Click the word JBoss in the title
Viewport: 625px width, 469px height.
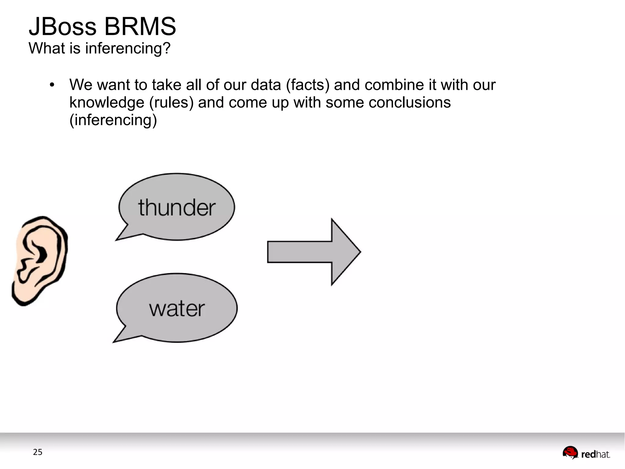pyautogui.click(x=63, y=27)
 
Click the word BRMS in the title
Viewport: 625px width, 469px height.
pyautogui.click(x=140, y=27)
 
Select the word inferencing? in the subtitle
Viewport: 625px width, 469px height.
pyautogui.click(x=128, y=48)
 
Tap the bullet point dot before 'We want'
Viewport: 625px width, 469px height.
pyautogui.click(x=52, y=85)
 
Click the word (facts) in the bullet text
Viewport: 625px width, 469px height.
pyautogui.click(x=308, y=85)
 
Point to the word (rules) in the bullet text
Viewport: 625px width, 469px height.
pyautogui.click(x=171, y=103)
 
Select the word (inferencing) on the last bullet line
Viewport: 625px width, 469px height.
pyautogui.click(x=113, y=120)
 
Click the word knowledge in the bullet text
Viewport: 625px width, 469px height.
pyautogui.click(x=107, y=103)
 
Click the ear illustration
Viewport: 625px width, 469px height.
pyautogui.click(x=40, y=260)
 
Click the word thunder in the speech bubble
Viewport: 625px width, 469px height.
pyautogui.click(x=177, y=208)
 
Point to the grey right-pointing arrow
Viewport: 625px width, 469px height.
pyautogui.click(x=314, y=252)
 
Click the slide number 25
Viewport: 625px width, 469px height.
pyautogui.click(x=38, y=452)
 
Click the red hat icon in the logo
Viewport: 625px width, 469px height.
pyautogui.click(x=570, y=452)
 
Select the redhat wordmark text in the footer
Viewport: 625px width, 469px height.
pyautogui.click(x=595, y=455)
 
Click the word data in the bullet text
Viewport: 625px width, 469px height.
pyautogui.click(x=266, y=85)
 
